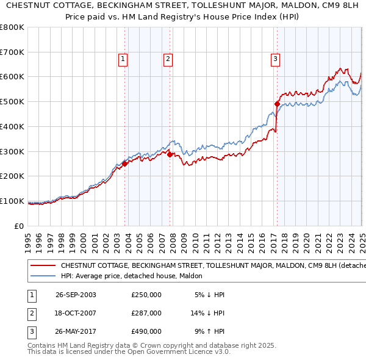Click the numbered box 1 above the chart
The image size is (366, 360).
tap(123, 59)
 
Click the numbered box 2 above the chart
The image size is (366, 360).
tap(167, 59)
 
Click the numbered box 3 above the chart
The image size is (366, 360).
tap(275, 59)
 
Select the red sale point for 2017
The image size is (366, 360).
tap(277, 104)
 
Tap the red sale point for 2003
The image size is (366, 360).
tap(124, 164)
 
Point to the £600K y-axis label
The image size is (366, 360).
tap(12, 77)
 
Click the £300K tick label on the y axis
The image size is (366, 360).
tap(12, 151)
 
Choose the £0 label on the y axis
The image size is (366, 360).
tap(19, 226)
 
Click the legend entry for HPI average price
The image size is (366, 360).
tap(134, 276)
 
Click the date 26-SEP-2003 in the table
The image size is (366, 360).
tap(76, 295)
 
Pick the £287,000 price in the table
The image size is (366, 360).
tap(146, 313)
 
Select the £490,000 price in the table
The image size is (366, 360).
tap(146, 331)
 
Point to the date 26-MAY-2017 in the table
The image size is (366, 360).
tap(76, 331)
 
